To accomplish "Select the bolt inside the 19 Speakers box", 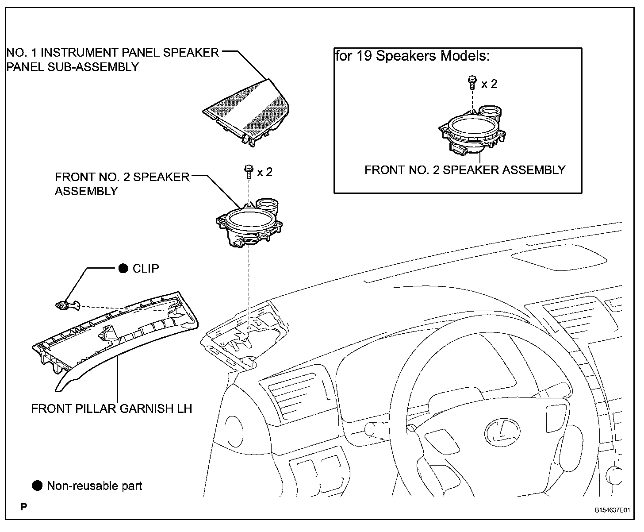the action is pos(472,82).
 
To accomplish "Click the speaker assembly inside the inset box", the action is pos(472,131).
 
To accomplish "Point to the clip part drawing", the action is pos(67,305).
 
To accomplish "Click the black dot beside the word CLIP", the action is pos(123,268).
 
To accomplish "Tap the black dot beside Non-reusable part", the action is pos(37,486).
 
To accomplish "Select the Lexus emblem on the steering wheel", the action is pos(503,432).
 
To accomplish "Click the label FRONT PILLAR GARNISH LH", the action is pos(111,409).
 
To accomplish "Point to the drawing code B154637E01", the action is pos(612,510).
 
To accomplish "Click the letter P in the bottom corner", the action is pos(24,507).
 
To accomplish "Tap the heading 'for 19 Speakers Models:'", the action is pos(412,56).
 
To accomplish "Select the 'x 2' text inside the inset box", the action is pos(489,84).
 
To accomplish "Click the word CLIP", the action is pos(146,269).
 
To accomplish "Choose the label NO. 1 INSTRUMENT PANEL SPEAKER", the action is pos(113,53).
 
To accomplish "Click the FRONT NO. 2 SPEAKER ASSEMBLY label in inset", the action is pos(465,170).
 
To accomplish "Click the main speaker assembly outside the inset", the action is pos(249,223).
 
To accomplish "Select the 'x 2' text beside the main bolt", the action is pos(264,172).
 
